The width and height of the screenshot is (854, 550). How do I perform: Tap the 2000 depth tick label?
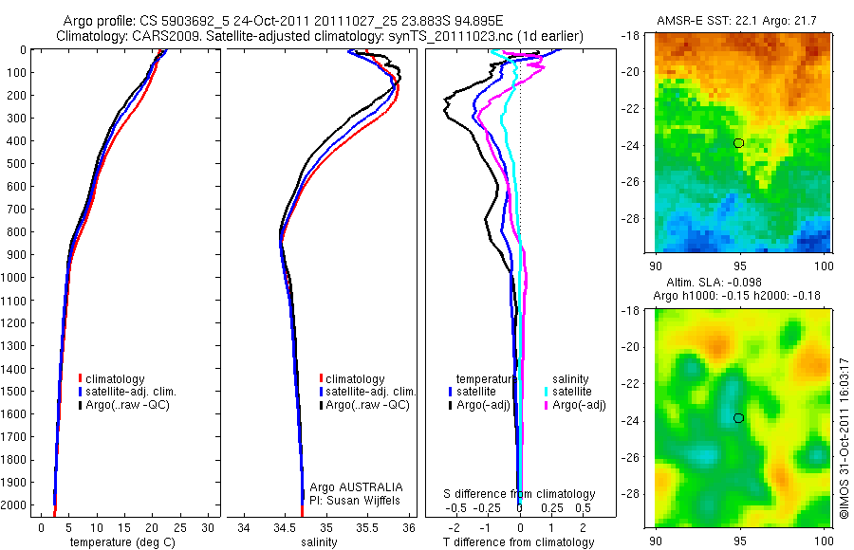click(14, 504)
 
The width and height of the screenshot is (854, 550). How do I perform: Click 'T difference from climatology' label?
click(518, 542)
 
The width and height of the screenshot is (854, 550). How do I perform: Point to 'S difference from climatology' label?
click(520, 494)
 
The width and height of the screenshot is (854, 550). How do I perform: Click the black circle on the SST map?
click(738, 143)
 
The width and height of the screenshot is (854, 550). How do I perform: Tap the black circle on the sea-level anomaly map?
click(738, 418)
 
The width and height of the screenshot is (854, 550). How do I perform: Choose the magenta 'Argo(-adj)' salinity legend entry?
click(579, 405)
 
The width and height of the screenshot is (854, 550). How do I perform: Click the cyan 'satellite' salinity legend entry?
click(572, 391)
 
